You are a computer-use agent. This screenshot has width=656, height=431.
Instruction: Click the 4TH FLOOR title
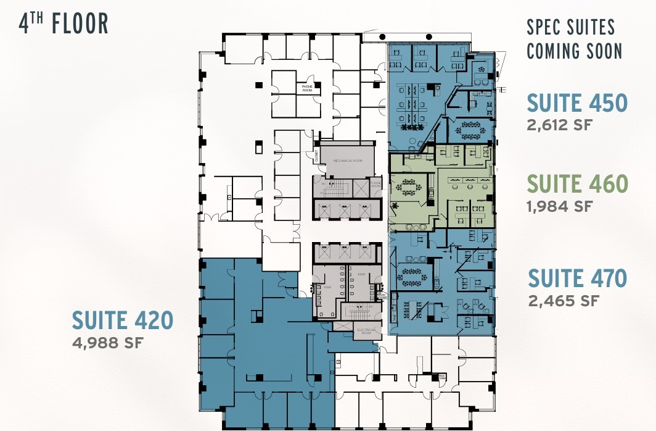64,23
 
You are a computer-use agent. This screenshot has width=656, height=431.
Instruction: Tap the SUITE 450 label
576,103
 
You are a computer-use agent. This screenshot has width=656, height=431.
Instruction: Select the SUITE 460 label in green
578,184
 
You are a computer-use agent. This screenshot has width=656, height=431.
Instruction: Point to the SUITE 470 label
577,278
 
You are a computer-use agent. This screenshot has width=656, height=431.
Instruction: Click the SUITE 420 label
122,320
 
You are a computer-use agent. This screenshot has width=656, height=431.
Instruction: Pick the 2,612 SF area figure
559,124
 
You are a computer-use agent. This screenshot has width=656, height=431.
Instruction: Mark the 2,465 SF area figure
564,301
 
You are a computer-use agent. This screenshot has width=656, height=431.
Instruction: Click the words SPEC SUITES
570,28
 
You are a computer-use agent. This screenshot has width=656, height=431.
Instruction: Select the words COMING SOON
574,51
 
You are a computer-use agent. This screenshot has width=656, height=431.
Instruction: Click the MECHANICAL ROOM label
348,160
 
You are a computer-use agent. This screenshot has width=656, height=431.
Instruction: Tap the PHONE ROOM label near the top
308,89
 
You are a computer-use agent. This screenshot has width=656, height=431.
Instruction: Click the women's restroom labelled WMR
327,287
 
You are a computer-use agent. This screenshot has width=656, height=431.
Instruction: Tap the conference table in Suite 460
409,185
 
